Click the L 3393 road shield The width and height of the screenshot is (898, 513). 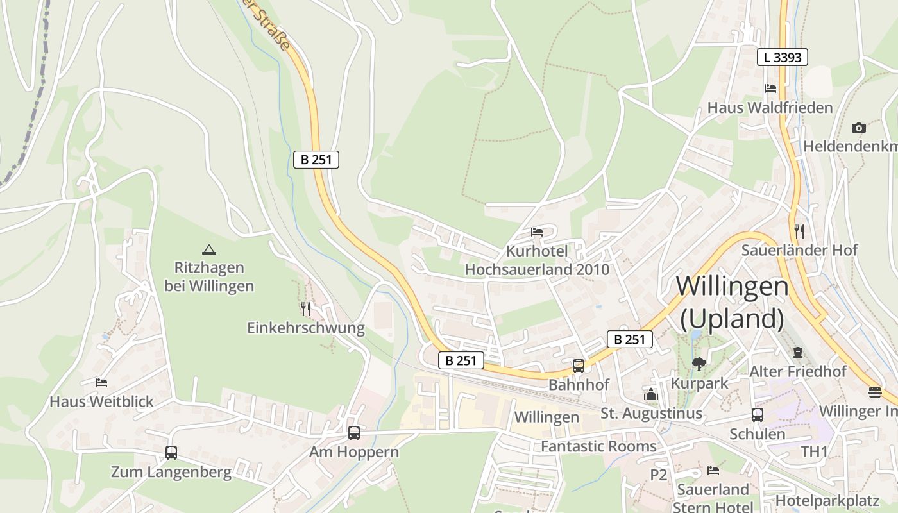782,57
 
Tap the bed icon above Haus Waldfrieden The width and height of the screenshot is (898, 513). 770,88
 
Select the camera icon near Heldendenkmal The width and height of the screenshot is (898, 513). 859,128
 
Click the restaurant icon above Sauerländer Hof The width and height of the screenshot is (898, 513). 799,231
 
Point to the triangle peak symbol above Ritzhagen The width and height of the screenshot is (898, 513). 208,249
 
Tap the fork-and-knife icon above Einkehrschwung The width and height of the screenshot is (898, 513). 306,309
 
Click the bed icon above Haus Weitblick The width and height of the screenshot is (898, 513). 101,383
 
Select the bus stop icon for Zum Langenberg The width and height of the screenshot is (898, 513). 171,453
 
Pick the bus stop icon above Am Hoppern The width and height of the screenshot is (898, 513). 354,432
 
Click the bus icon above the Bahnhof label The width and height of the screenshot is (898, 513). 579,366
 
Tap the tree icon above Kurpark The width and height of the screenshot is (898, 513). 699,364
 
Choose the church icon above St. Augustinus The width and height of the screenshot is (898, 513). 651,394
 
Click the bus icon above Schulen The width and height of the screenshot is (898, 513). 758,415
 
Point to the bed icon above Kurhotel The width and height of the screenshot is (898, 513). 537,231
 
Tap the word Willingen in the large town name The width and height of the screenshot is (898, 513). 732,286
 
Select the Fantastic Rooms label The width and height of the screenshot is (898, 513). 598,446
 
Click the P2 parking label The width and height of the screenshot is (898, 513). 659,475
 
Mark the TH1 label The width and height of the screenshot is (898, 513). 815,451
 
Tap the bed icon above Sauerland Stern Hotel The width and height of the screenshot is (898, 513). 713,471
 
